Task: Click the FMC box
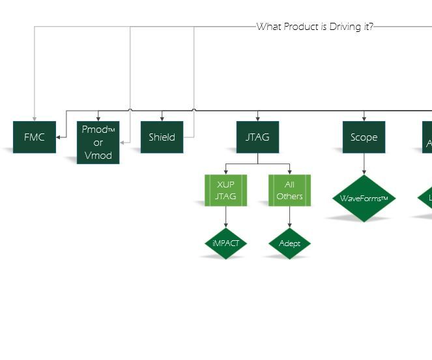(x=35, y=137)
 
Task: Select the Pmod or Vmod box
(x=98, y=143)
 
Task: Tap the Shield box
(x=162, y=137)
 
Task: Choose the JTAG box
(x=257, y=137)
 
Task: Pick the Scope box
(x=364, y=137)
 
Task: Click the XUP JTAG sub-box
(x=225, y=190)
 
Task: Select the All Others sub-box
(x=289, y=190)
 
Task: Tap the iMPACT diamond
(x=225, y=243)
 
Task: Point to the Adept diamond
(x=289, y=243)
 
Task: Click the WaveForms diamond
(x=364, y=199)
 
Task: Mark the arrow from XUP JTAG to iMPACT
(x=225, y=217)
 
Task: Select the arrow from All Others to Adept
(x=289, y=217)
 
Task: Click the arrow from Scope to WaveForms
(x=364, y=164)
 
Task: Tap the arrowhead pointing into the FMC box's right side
(x=59, y=137)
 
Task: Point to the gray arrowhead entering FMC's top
(x=35, y=118)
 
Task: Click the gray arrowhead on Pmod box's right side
(x=122, y=143)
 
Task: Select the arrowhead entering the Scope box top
(x=364, y=118)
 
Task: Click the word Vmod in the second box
(x=98, y=156)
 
